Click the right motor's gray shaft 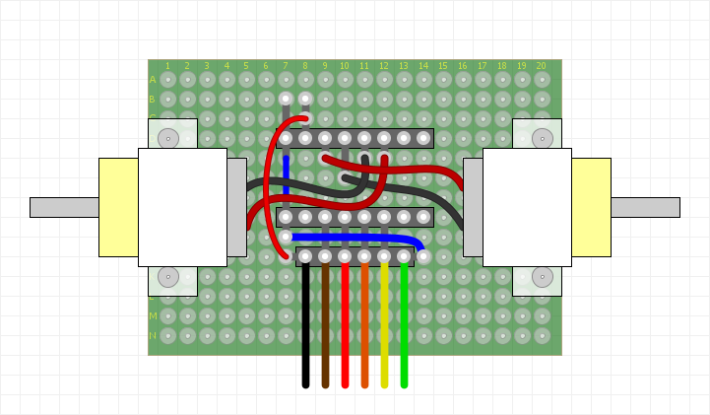coord(645,207)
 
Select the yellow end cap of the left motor coord(118,207)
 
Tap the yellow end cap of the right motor coord(591,207)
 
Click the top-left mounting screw coord(168,138)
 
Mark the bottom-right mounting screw coord(542,277)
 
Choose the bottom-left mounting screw coord(168,277)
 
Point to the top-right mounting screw coord(542,138)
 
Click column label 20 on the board coord(541,66)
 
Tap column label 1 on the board coord(167,66)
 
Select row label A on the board coord(153,80)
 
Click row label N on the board coord(153,336)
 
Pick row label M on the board coord(153,316)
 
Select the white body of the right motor coord(527,207)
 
